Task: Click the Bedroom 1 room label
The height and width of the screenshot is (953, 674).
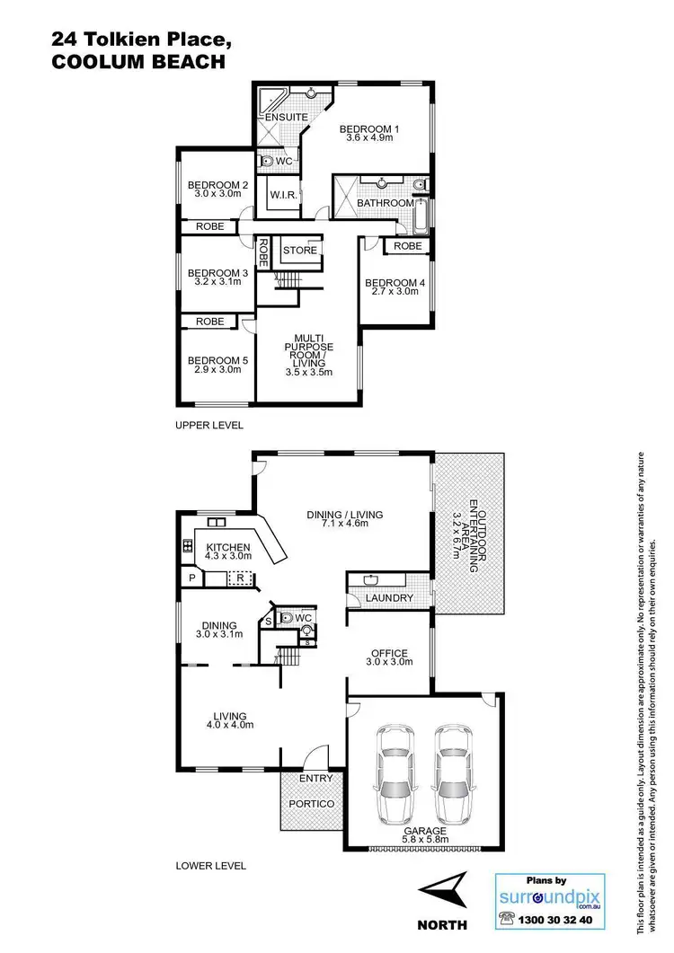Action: tap(368, 129)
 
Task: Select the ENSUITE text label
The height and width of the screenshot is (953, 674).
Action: tap(286, 118)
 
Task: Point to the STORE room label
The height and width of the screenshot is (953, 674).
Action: tap(300, 250)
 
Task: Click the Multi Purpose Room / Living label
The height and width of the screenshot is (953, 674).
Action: tap(308, 351)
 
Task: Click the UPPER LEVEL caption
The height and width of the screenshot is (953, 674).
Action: tap(209, 425)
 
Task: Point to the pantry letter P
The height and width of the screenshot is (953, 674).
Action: tap(191, 578)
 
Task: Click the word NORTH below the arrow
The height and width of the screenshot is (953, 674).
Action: tap(442, 924)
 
